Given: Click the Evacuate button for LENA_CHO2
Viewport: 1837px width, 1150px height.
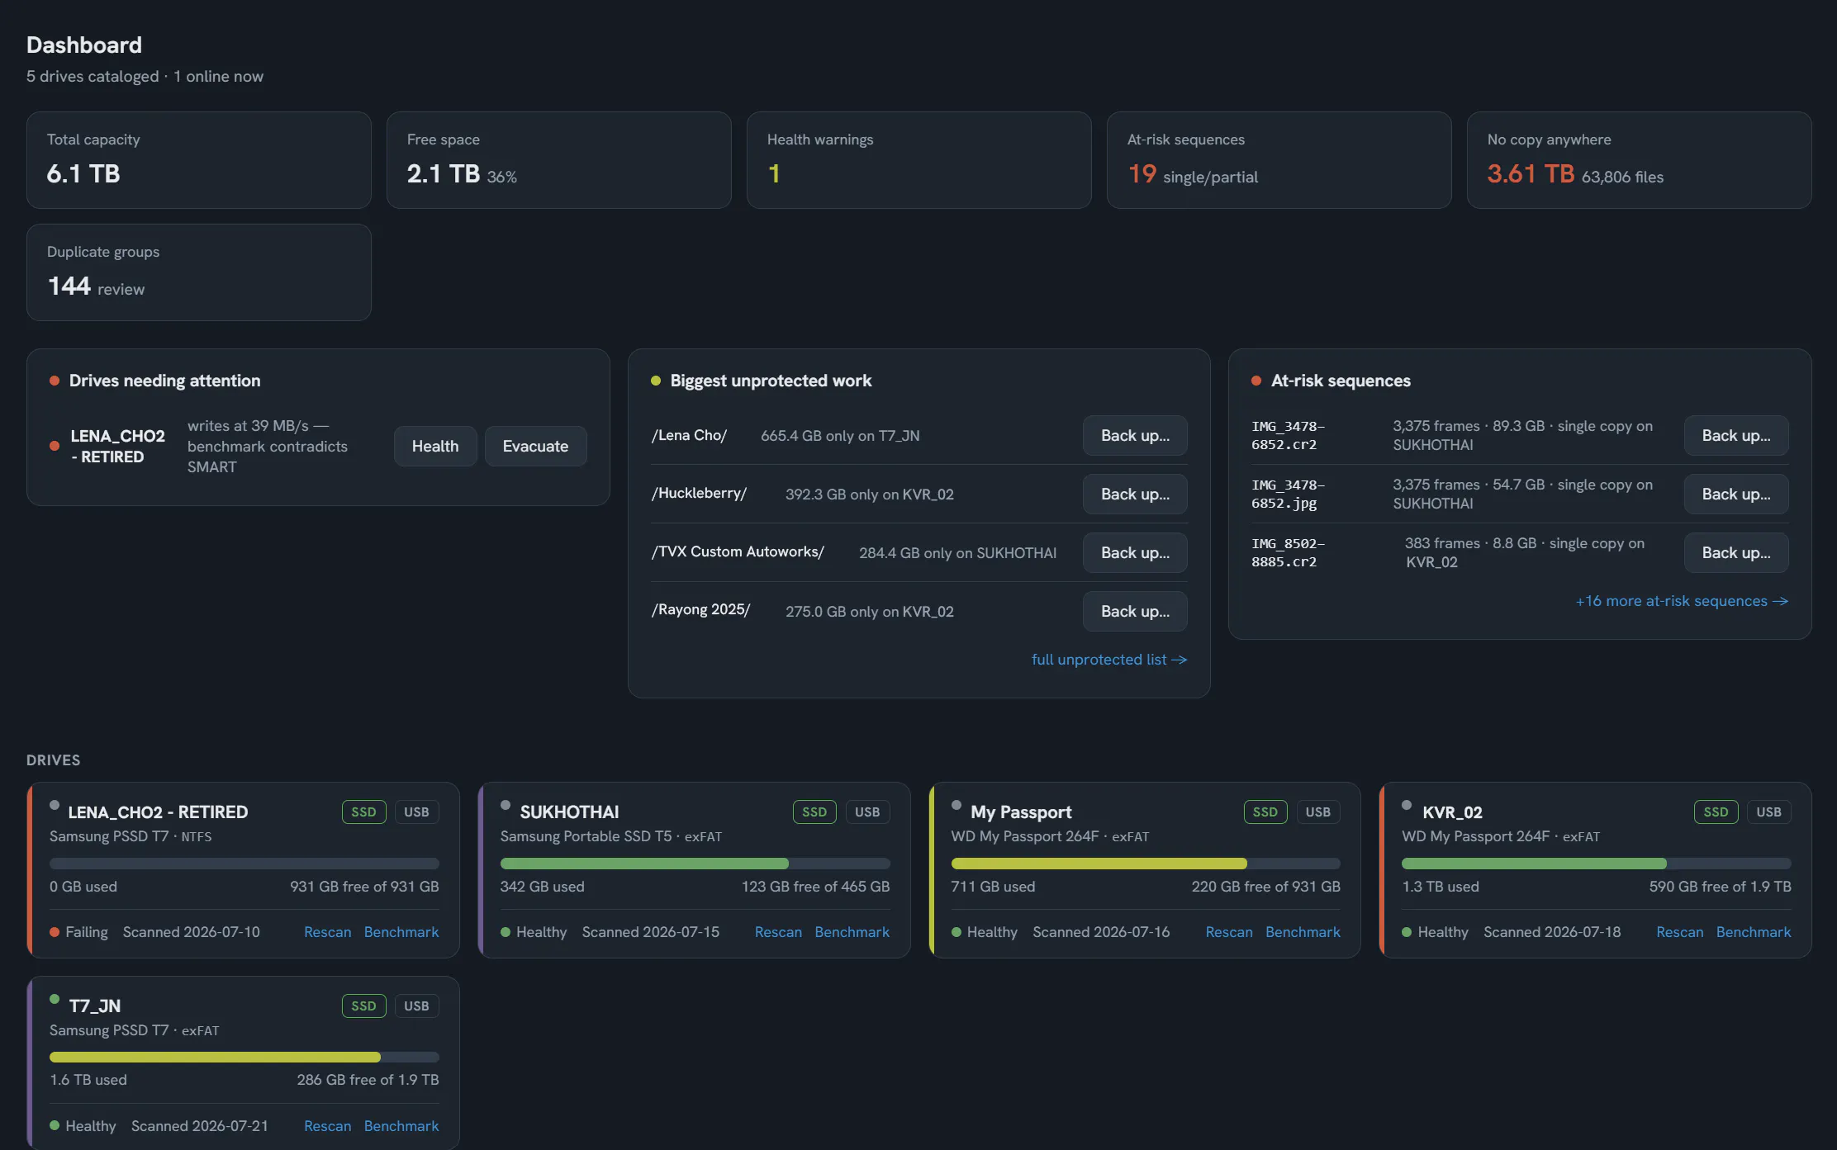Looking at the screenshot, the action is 535,446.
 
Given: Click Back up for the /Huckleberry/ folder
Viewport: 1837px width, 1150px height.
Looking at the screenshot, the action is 1135,494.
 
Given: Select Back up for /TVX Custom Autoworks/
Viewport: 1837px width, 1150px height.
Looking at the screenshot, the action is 1135,552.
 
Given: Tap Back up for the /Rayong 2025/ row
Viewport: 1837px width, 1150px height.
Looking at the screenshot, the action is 1135,611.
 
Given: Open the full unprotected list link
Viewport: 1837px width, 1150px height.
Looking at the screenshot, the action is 1108,660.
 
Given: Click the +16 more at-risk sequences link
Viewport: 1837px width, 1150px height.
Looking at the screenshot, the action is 1682,601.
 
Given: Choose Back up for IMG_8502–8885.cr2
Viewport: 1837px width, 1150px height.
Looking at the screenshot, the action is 1736,552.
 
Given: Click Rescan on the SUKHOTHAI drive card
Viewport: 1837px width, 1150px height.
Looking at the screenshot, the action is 778,932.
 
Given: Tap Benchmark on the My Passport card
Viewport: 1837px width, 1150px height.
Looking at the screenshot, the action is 1303,932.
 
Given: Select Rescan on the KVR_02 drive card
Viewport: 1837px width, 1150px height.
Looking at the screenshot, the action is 1679,932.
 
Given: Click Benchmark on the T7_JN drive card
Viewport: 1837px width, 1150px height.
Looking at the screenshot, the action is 401,1126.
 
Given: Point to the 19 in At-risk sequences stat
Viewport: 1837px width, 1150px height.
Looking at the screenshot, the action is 1142,173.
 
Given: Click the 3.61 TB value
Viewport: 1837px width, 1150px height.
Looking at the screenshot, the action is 1531,173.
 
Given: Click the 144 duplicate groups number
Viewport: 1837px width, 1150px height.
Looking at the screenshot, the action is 69,286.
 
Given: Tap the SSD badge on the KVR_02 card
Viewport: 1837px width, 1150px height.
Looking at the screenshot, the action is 1716,812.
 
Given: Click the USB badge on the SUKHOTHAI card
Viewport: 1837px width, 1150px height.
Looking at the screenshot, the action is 867,812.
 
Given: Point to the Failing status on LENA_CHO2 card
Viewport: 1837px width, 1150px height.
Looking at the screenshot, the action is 86,932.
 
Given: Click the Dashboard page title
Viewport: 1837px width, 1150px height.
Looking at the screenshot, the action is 84,45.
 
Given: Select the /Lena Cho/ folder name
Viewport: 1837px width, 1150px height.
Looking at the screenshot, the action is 689,435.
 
